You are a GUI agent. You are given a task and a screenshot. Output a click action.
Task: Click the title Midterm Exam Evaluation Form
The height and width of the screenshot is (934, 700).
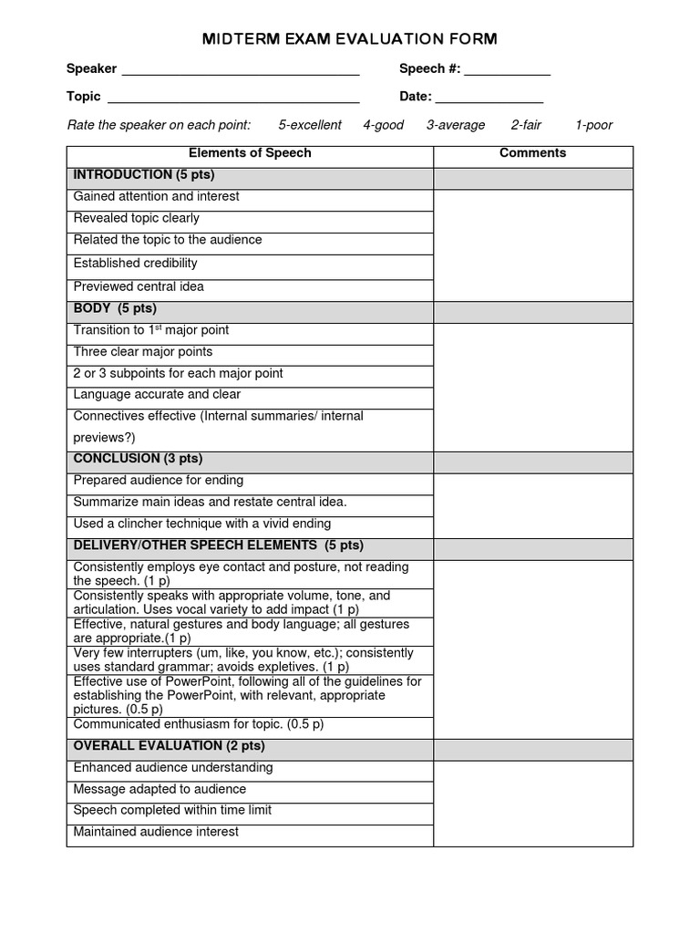[x=349, y=38]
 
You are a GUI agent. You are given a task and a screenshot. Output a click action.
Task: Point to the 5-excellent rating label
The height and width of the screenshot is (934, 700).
[x=310, y=125]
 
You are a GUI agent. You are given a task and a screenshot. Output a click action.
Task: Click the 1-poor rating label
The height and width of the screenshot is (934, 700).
[x=593, y=125]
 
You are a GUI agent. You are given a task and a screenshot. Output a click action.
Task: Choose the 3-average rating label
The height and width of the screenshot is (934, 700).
[x=456, y=125]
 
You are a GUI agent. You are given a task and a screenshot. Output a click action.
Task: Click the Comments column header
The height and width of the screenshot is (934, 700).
[x=532, y=153]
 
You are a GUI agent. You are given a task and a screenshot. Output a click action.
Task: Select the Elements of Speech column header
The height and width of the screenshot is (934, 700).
[x=250, y=153]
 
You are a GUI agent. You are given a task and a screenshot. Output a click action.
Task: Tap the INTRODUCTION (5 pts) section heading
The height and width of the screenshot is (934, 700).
[x=144, y=175]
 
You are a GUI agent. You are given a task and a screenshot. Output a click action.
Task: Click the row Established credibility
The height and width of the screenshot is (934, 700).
[x=136, y=264]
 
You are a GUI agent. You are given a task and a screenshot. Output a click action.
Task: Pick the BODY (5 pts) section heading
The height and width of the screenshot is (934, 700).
[x=115, y=309]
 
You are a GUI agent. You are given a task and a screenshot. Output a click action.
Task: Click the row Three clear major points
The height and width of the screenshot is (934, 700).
[x=143, y=352]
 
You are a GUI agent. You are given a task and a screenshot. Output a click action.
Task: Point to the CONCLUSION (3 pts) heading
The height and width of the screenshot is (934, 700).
[x=138, y=459]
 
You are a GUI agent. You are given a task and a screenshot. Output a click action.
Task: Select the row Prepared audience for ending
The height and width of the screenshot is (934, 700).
[x=159, y=481]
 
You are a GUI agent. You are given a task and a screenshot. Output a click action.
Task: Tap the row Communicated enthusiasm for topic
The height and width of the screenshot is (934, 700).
[x=199, y=725]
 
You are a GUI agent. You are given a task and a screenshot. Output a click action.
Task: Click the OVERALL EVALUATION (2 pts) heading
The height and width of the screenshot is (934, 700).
[x=169, y=746]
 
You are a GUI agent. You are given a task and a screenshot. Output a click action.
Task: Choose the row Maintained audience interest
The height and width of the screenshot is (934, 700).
[x=156, y=832]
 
